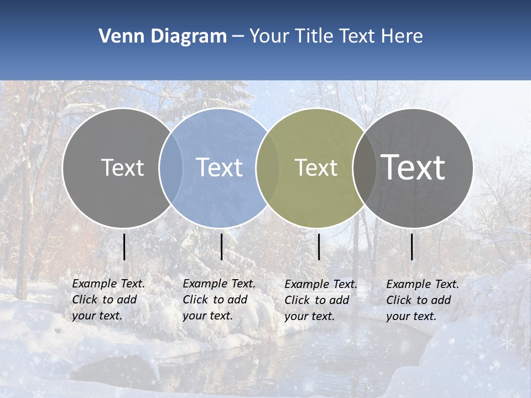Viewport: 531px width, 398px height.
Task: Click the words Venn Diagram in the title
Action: tap(163, 36)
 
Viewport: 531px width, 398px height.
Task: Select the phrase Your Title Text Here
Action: tap(336, 36)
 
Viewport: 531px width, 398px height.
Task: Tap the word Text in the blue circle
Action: tap(220, 167)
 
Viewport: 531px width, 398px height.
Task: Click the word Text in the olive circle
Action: tap(316, 167)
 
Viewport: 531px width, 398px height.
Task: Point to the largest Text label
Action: tap(413, 167)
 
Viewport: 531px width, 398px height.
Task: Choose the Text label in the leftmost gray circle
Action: tap(122, 167)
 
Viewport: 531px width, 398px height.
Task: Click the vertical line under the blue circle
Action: tap(221, 247)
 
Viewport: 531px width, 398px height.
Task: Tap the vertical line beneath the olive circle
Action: tap(319, 247)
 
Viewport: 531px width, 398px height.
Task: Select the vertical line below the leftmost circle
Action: tap(124, 247)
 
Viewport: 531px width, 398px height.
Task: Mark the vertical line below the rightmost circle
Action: tap(412, 247)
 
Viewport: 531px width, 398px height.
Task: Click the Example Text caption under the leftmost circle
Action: tap(108, 300)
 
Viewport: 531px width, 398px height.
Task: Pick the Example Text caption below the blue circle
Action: tap(218, 300)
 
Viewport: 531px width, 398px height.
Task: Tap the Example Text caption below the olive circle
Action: tap(320, 300)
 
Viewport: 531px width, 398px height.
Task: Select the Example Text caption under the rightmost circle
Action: tap(422, 300)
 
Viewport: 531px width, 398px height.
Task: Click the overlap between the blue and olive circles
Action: tap(268, 167)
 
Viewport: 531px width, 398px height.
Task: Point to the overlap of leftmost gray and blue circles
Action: tap(171, 167)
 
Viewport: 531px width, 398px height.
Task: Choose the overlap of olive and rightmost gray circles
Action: tap(365, 167)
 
